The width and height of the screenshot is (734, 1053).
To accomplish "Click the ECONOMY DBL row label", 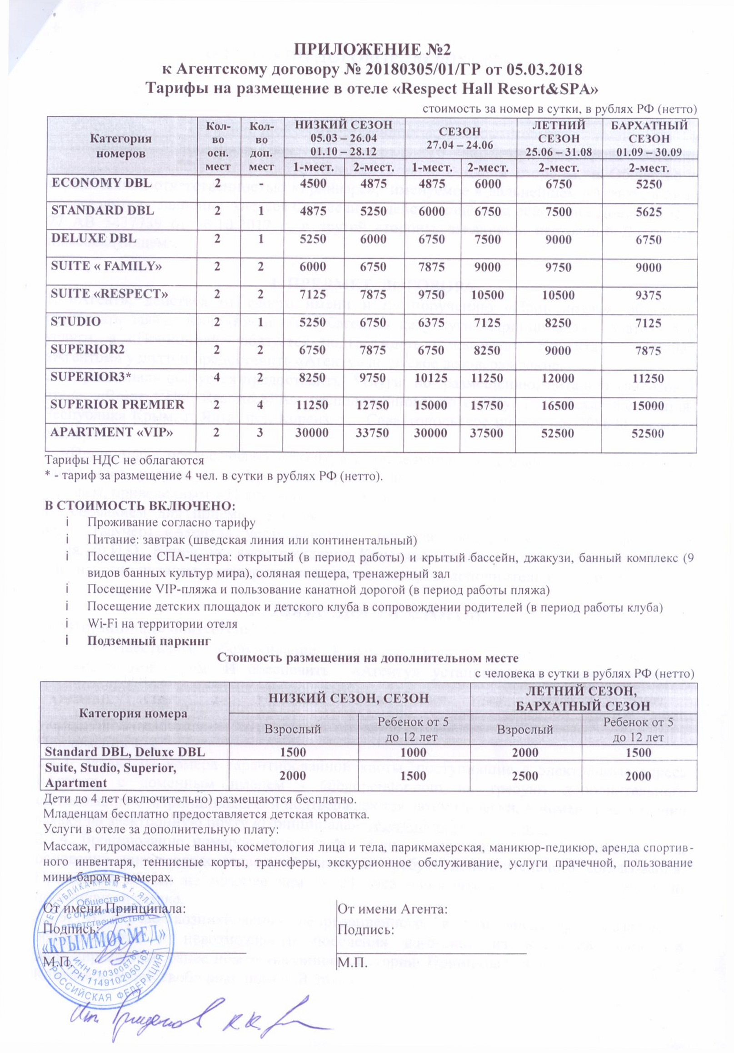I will [101, 183].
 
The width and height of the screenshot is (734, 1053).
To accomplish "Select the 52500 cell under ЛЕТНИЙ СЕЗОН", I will [558, 433].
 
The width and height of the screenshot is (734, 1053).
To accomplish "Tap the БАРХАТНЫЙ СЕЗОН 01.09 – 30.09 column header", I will [649, 139].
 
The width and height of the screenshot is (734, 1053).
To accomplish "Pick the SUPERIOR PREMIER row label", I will [117, 404].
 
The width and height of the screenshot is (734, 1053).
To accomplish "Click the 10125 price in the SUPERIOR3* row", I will [432, 378].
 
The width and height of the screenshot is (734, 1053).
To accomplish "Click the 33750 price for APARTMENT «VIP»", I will [373, 433].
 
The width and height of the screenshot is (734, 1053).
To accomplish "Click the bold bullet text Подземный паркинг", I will [149, 641].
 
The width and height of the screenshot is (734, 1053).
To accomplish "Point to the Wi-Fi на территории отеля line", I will [162, 624].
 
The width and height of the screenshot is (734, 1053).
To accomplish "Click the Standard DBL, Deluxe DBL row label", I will [125, 752].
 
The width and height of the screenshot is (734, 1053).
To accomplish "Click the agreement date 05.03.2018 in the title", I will [544, 70].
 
